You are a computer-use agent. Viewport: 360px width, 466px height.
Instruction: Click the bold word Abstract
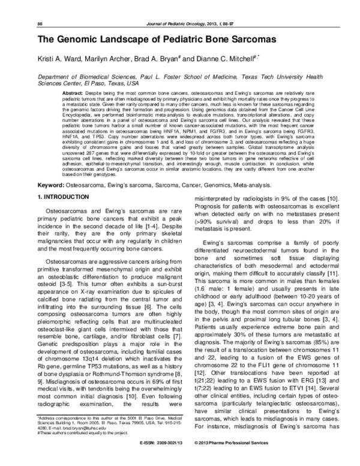pos(73,94)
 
